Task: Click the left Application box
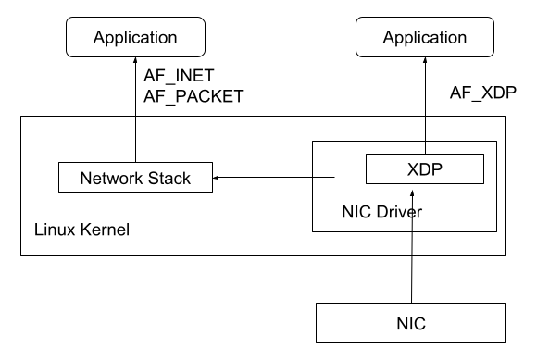135,38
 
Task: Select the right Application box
425,38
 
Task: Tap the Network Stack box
135,178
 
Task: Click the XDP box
425,169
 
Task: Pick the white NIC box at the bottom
411,324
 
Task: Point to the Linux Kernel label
81,230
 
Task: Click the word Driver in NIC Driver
400,213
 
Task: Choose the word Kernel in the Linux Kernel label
105,230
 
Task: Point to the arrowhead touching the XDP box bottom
411,190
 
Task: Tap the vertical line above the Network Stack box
135,140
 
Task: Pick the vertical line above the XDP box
425,135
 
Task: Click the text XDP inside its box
425,169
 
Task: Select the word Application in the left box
135,38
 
